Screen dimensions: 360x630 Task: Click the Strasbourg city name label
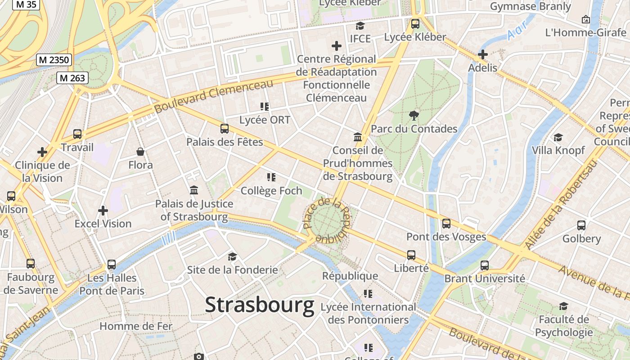pyautogui.click(x=260, y=305)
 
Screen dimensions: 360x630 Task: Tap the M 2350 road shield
pyautogui.click(x=54, y=60)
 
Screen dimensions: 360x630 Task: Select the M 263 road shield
pyautogui.click(x=72, y=78)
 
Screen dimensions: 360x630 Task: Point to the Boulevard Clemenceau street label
pyautogui.click(x=213, y=96)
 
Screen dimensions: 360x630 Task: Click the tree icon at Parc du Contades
pyautogui.click(x=414, y=115)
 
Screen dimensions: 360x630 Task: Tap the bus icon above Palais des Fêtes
pyautogui.click(x=225, y=129)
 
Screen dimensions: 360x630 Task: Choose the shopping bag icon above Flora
pyautogui.click(x=140, y=152)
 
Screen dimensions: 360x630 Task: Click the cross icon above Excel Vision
pyautogui.click(x=103, y=210)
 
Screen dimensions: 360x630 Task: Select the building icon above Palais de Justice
pyautogui.click(x=194, y=190)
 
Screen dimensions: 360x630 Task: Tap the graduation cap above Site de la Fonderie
pyautogui.click(x=232, y=256)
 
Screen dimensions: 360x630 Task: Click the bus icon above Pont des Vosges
pyautogui.click(x=446, y=223)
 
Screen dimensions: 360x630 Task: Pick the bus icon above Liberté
pyautogui.click(x=411, y=255)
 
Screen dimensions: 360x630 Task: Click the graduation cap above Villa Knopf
pyautogui.click(x=558, y=137)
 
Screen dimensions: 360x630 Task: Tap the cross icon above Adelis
pyautogui.click(x=483, y=54)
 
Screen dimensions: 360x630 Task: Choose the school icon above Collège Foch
pyautogui.click(x=271, y=177)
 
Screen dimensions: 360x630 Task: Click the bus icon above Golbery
pyautogui.click(x=581, y=225)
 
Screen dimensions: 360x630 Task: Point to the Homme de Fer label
pyautogui.click(x=135, y=326)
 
